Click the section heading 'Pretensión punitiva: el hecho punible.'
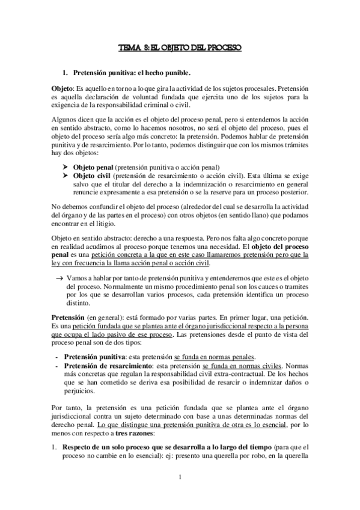click(x=131, y=74)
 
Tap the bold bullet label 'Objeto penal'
click(x=93, y=167)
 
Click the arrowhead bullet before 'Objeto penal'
click(x=66, y=167)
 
